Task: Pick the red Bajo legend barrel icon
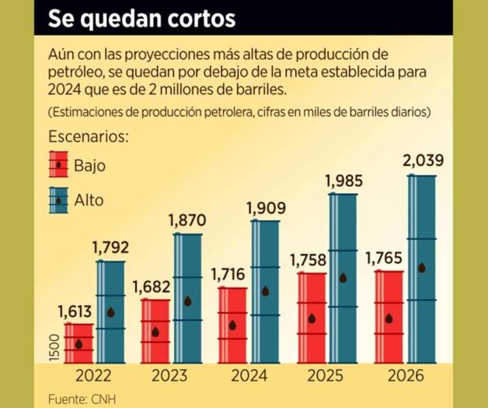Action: coord(58,164)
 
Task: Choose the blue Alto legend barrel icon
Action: coord(58,200)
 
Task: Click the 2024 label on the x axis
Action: coord(249,376)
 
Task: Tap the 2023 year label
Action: coord(169,376)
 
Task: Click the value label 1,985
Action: coord(344,181)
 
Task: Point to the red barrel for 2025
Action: coord(312,318)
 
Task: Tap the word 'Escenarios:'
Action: coord(87,137)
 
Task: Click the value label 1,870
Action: coord(188,221)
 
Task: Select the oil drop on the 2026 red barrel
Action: coord(389,318)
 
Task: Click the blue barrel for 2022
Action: coord(110,311)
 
